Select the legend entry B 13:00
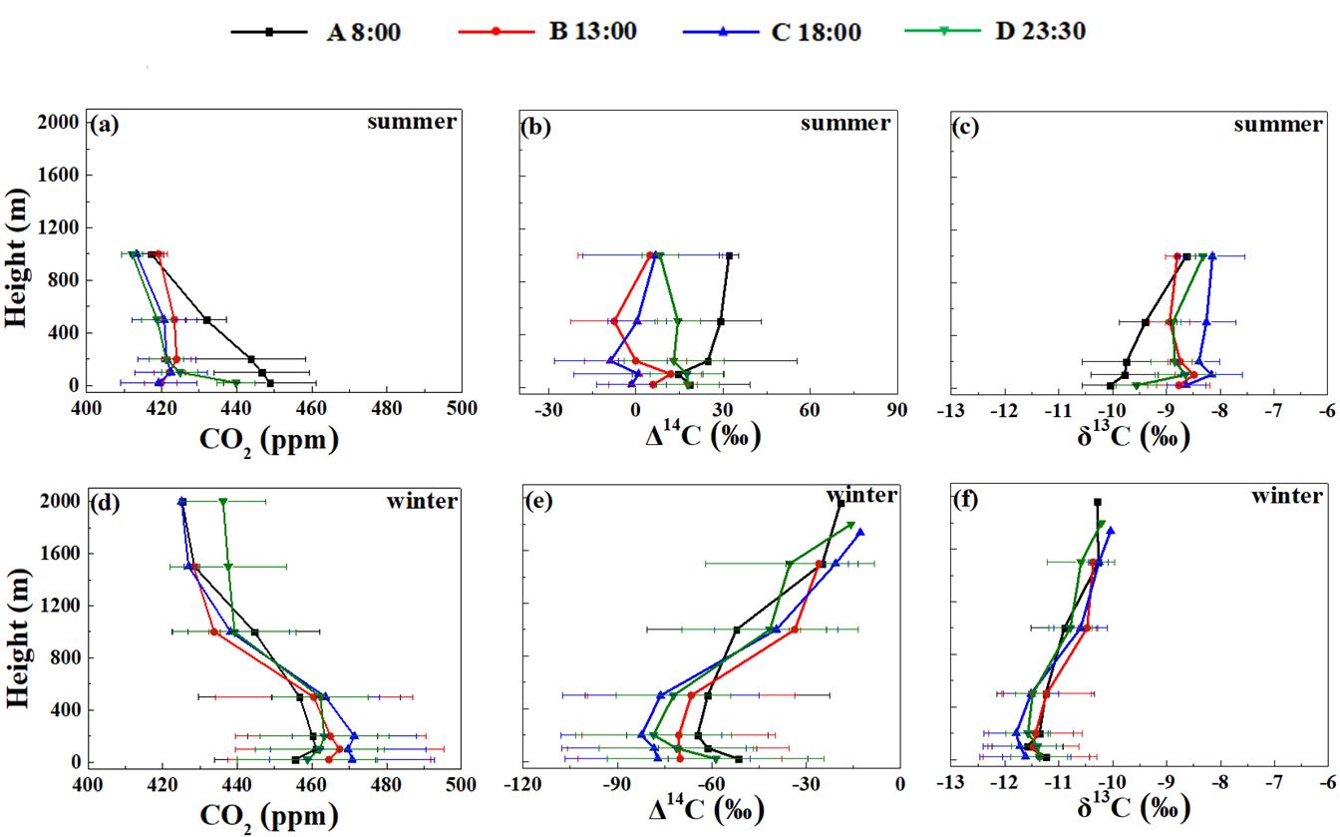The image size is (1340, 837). (546, 32)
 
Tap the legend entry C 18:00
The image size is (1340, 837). (772, 32)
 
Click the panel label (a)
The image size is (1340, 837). (105, 126)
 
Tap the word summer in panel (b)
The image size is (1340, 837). (844, 123)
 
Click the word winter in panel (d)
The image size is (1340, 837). (422, 500)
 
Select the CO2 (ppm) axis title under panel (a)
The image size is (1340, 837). (269, 439)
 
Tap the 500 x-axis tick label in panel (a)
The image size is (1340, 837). (461, 408)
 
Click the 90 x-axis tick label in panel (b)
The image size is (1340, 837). (896, 408)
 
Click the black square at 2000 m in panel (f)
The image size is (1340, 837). (1098, 503)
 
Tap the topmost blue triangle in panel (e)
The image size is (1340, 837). (859, 532)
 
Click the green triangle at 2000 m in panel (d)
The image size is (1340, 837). (223, 502)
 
